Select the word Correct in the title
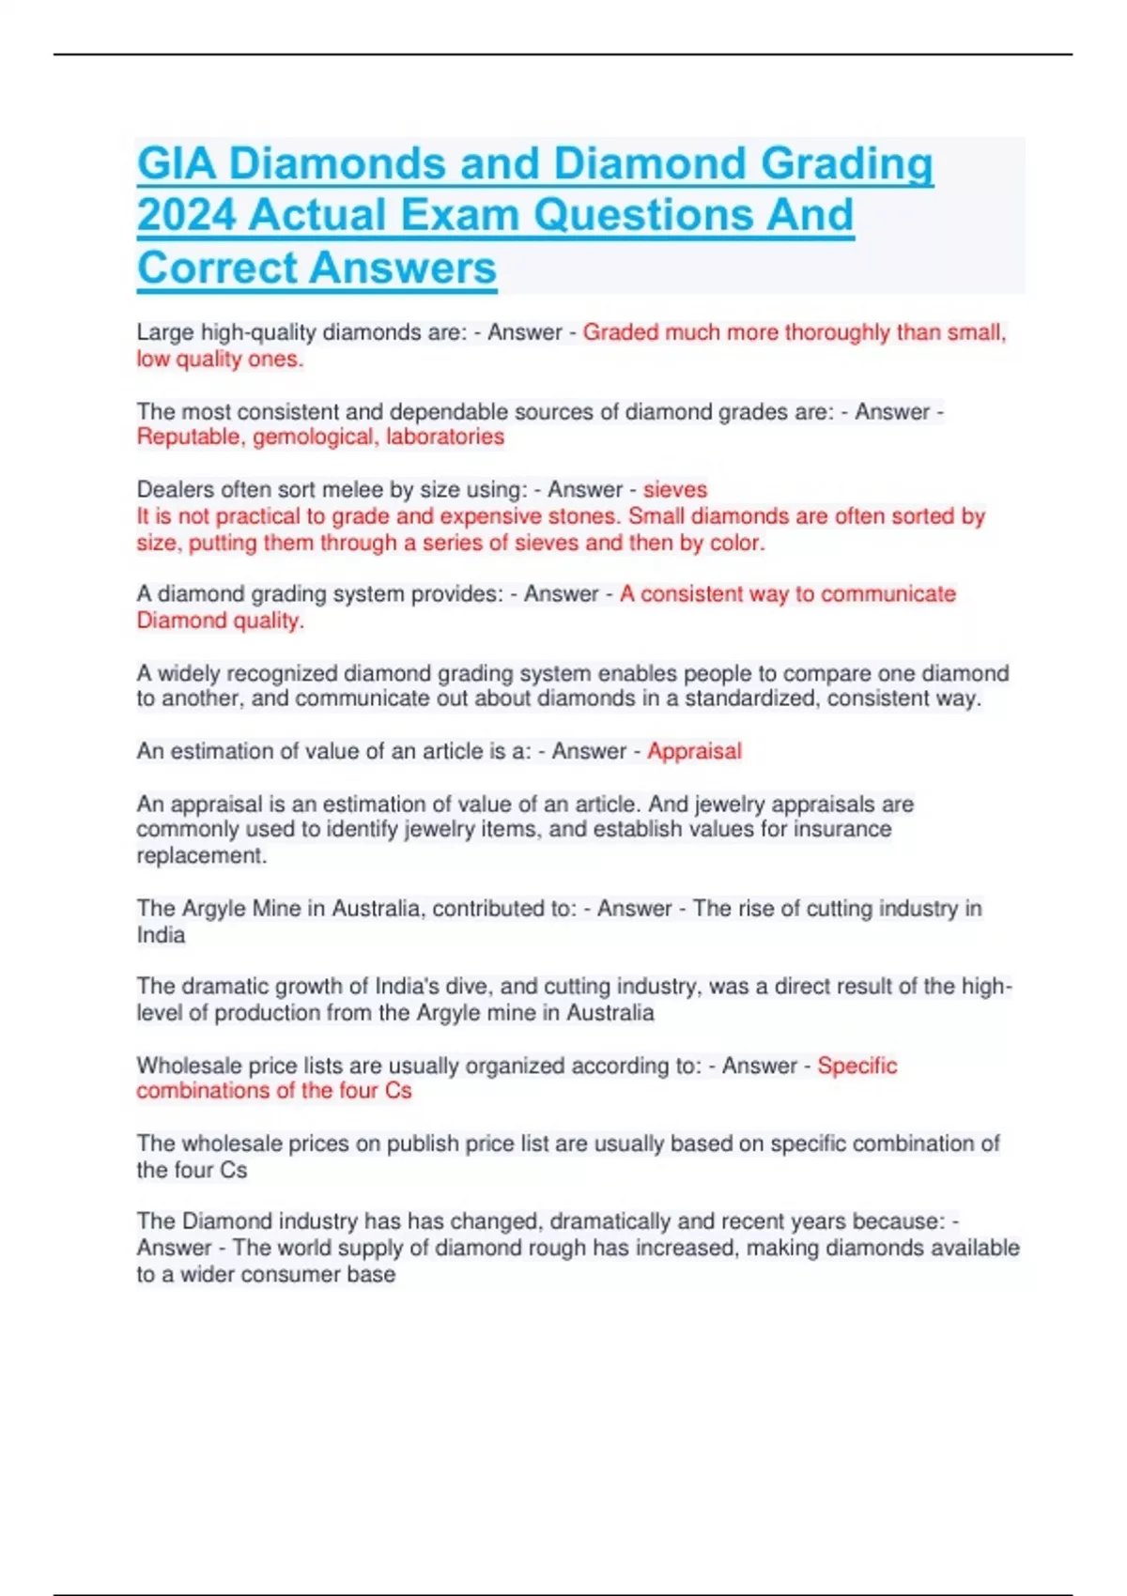pyautogui.click(x=217, y=268)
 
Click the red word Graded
pyautogui.click(x=620, y=332)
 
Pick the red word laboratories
pyautogui.click(x=445, y=437)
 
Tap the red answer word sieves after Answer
pyautogui.click(x=675, y=489)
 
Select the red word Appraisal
pyautogui.click(x=694, y=751)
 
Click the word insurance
pyautogui.click(x=842, y=829)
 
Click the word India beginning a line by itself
pyautogui.click(x=161, y=935)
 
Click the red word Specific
pyautogui.click(x=857, y=1066)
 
